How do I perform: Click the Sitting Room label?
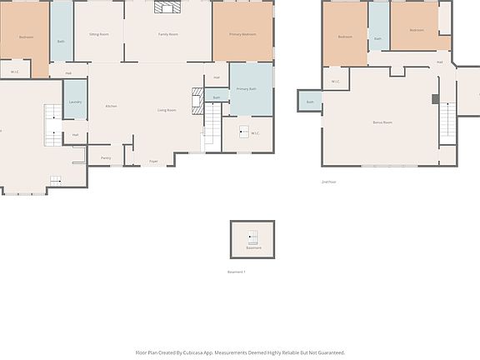tap(99, 34)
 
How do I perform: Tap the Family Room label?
tap(168, 34)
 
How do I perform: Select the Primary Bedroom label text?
tap(242, 34)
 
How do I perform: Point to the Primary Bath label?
tap(246, 88)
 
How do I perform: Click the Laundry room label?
tap(75, 102)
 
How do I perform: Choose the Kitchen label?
tap(111, 106)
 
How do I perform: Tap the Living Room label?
tap(167, 110)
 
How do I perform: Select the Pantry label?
tap(106, 157)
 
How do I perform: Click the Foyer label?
tap(153, 161)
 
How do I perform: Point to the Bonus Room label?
tap(382, 122)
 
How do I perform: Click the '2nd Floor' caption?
tap(329, 182)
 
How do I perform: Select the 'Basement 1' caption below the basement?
tap(237, 272)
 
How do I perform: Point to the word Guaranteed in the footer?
tap(328, 352)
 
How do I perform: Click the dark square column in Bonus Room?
tap(436, 99)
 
